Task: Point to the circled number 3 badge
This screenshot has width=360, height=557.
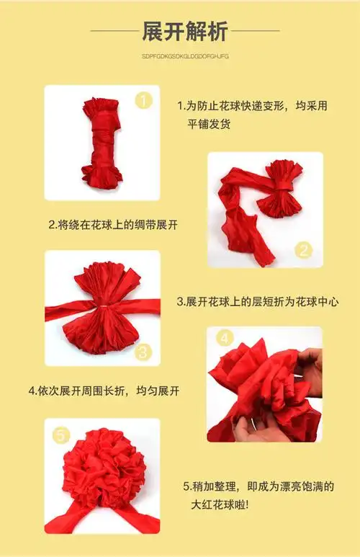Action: (143, 351)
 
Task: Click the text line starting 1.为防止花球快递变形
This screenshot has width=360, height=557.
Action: (253, 106)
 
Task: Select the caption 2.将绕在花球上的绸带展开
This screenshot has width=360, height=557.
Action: (113, 225)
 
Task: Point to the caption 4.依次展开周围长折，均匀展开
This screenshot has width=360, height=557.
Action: (104, 391)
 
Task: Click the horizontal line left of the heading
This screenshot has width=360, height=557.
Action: (112, 31)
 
